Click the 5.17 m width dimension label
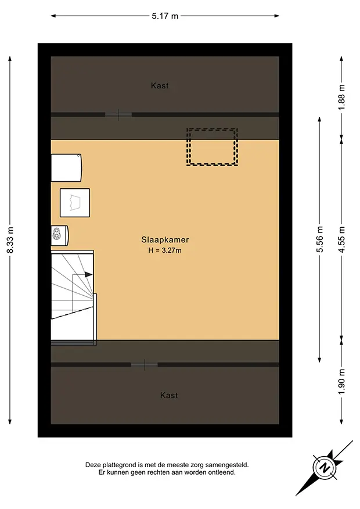tap(165, 16)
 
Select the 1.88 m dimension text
tap(341, 97)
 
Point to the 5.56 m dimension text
tap(320, 239)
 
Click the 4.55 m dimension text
tap(341, 239)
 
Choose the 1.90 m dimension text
tap(341, 381)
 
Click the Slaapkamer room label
tap(165, 240)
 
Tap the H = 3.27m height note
tap(165, 250)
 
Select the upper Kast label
tap(160, 85)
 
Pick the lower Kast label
tap(169, 395)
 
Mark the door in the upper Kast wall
tap(118, 114)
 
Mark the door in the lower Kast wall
tap(145, 365)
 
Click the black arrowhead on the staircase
tap(88, 274)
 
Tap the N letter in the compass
tap(323, 468)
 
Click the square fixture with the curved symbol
tap(75, 203)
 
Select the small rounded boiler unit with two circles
tap(60, 235)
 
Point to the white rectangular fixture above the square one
tap(67, 168)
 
